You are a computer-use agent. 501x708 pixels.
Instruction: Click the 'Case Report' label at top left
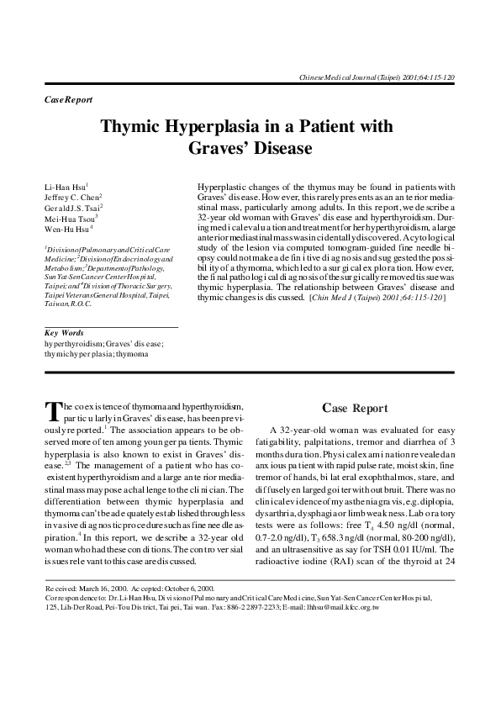coord(67,100)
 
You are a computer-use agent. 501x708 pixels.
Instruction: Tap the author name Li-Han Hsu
coord(64,185)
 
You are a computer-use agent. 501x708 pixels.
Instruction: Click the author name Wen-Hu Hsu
coord(67,227)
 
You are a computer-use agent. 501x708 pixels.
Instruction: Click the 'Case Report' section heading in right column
coord(356,409)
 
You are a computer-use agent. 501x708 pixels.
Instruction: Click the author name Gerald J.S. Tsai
coord(73,208)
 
